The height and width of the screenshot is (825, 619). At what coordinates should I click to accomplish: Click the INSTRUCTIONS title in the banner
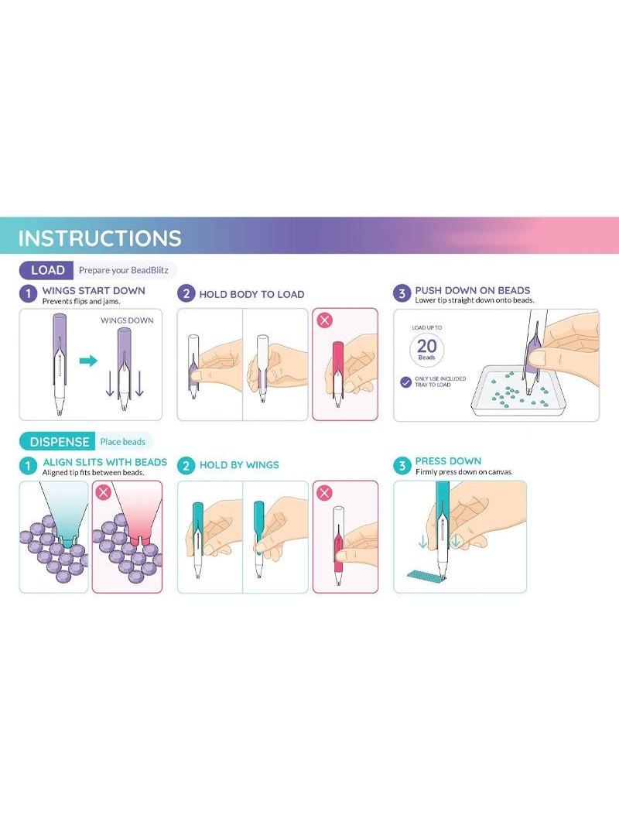tap(100, 238)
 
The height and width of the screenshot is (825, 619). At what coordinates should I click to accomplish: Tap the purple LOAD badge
tap(46, 270)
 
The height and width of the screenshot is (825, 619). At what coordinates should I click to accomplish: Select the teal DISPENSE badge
tap(58, 441)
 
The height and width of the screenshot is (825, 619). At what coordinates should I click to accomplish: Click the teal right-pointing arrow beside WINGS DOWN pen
tap(88, 361)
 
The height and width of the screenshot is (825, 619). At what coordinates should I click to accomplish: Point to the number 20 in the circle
tap(426, 346)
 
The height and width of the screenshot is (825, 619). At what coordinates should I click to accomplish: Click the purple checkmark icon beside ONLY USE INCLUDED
tap(405, 382)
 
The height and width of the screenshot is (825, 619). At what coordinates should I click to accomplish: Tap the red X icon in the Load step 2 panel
tap(325, 320)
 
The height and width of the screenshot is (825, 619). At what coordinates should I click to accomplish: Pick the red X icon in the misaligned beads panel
tap(103, 492)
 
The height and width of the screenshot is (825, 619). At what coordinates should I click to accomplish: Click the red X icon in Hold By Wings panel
tap(324, 492)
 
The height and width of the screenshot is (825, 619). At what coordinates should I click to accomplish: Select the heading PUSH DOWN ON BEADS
tap(472, 290)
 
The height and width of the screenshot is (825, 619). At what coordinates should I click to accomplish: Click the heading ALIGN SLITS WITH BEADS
tap(104, 462)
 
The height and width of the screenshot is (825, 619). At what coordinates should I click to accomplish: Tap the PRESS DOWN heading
tap(448, 461)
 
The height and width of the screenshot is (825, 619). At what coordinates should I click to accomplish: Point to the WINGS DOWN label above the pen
tap(127, 320)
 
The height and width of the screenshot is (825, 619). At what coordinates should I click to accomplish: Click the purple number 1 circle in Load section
tap(28, 293)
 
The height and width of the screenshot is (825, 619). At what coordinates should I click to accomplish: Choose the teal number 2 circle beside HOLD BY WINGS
tap(186, 466)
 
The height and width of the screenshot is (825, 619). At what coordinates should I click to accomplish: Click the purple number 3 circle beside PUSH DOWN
tap(402, 293)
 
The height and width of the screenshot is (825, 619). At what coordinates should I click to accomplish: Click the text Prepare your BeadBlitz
tap(124, 270)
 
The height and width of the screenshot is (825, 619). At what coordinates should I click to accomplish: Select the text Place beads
tap(122, 441)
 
